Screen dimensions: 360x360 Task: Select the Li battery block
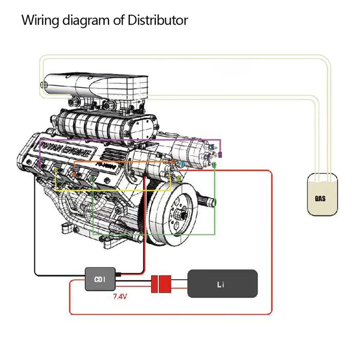pos(222,283)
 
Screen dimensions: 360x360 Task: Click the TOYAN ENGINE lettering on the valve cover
pos(67,149)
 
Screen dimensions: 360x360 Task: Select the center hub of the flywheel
pos(180,211)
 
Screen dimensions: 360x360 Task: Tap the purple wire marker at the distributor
pos(220,154)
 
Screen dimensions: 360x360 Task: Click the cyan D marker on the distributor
pos(183,164)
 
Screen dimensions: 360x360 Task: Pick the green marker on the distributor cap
pos(214,165)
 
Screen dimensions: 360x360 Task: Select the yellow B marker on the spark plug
pos(57,170)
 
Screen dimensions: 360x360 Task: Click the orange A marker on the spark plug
pos(74,174)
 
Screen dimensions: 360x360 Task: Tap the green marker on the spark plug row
pos(92,178)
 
